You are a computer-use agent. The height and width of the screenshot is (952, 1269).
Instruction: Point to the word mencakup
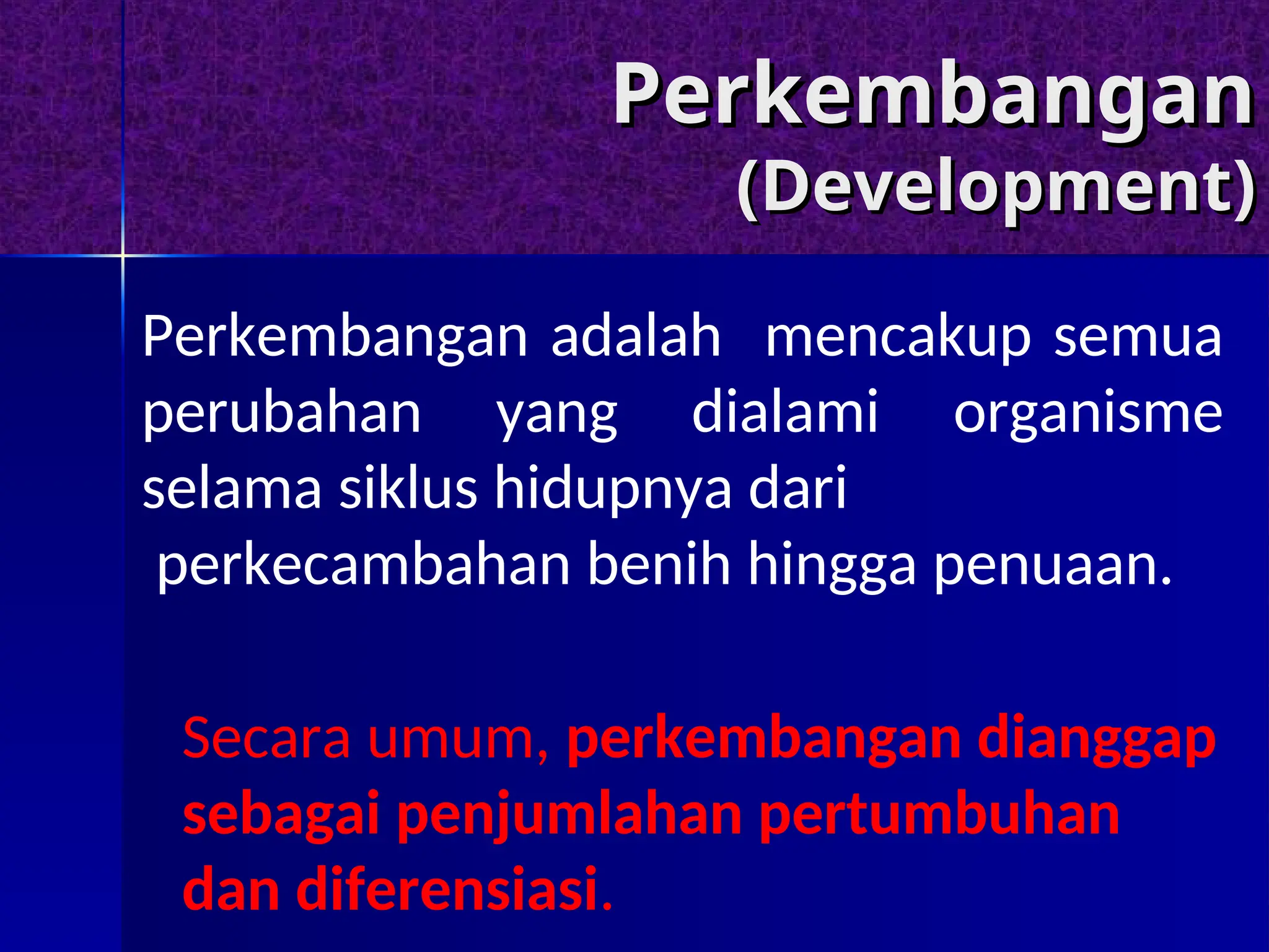click(898, 338)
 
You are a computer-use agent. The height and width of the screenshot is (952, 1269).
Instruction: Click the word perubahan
click(282, 413)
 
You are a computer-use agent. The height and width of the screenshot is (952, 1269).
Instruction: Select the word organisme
click(1087, 413)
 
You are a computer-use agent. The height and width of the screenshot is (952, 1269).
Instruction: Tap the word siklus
click(408, 488)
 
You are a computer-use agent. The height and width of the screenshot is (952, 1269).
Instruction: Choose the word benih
click(659, 563)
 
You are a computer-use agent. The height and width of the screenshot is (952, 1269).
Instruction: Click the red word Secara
click(267, 738)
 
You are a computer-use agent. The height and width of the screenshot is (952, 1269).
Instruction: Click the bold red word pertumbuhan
click(939, 815)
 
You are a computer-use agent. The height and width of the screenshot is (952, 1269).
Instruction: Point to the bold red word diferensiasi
click(447, 889)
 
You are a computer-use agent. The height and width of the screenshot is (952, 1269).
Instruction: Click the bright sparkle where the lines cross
click(123, 255)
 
